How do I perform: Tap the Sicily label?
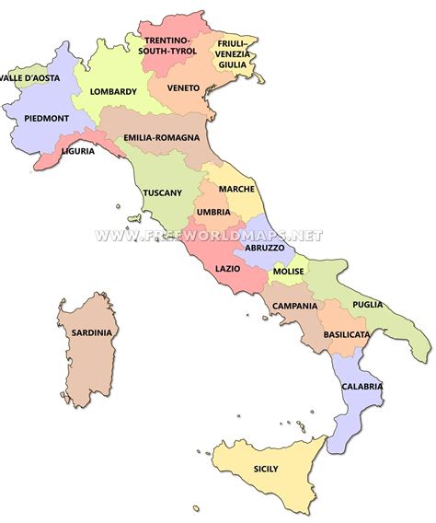[266, 469]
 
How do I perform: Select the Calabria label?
[362, 387]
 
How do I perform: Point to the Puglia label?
[367, 304]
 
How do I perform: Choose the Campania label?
[294, 306]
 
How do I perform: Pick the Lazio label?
[227, 268]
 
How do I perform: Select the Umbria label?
[213, 213]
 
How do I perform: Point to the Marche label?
[237, 189]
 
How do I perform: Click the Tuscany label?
[163, 192]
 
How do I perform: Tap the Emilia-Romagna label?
[161, 137]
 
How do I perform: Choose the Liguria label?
[77, 151]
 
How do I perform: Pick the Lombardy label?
[114, 91]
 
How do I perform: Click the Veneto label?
[185, 87]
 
